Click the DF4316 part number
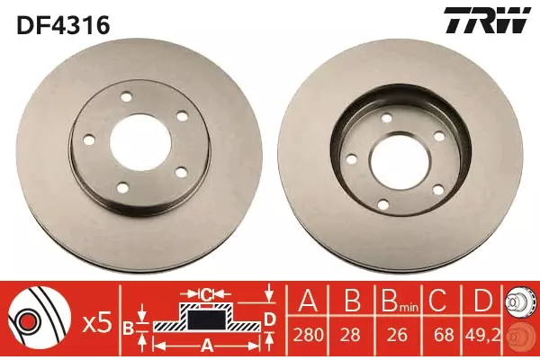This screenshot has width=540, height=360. click(x=63, y=25)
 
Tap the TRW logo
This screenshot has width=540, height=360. click(x=487, y=20)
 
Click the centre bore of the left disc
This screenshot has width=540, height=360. click(x=140, y=142)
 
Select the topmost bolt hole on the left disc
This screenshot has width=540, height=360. click(x=127, y=97)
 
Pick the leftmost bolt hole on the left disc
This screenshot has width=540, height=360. click(x=89, y=139)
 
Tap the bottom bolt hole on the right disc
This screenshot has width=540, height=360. click(x=383, y=204)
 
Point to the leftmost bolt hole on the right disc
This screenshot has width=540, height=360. click(x=351, y=159)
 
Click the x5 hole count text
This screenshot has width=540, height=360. click(x=98, y=324)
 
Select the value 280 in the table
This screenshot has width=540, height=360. click(x=308, y=335)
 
